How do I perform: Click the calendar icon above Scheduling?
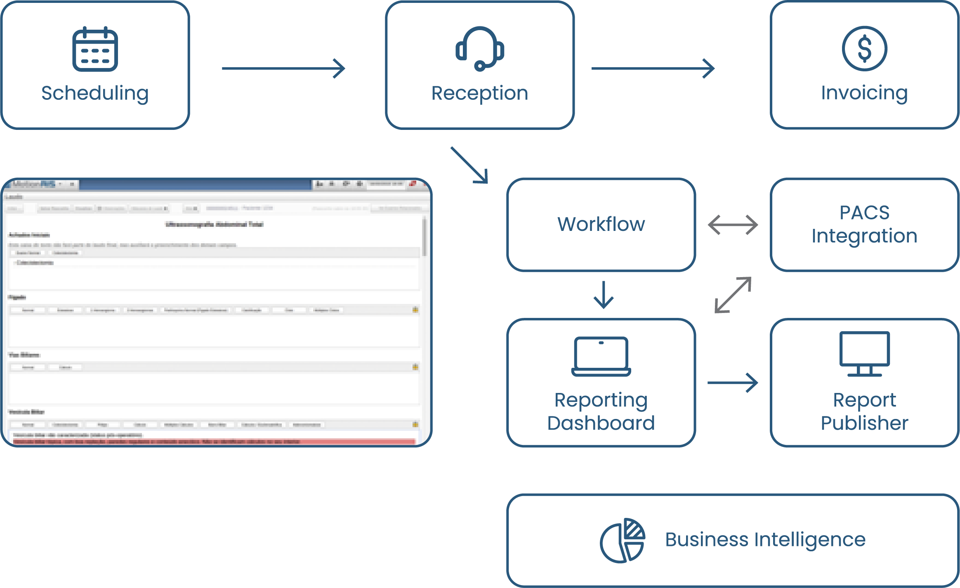click(x=95, y=49)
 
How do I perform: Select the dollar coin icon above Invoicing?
click(x=864, y=48)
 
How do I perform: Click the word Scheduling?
click(x=95, y=93)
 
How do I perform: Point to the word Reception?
click(x=479, y=93)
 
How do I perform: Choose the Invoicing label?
click(x=864, y=93)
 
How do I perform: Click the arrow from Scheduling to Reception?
click(x=283, y=68)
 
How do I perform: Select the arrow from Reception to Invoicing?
click(x=653, y=68)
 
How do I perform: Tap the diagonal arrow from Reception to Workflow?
click(x=469, y=165)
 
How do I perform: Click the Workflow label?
click(x=601, y=224)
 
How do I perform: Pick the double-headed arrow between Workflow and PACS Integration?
click(x=733, y=225)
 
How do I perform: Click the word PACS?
click(x=865, y=213)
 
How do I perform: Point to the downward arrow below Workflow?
click(x=604, y=295)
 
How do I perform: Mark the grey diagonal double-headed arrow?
click(x=733, y=295)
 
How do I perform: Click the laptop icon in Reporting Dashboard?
click(x=601, y=356)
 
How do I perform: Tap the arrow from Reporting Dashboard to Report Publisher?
click(x=733, y=383)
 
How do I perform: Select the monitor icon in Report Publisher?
click(x=865, y=354)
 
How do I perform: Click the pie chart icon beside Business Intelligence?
click(x=622, y=540)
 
